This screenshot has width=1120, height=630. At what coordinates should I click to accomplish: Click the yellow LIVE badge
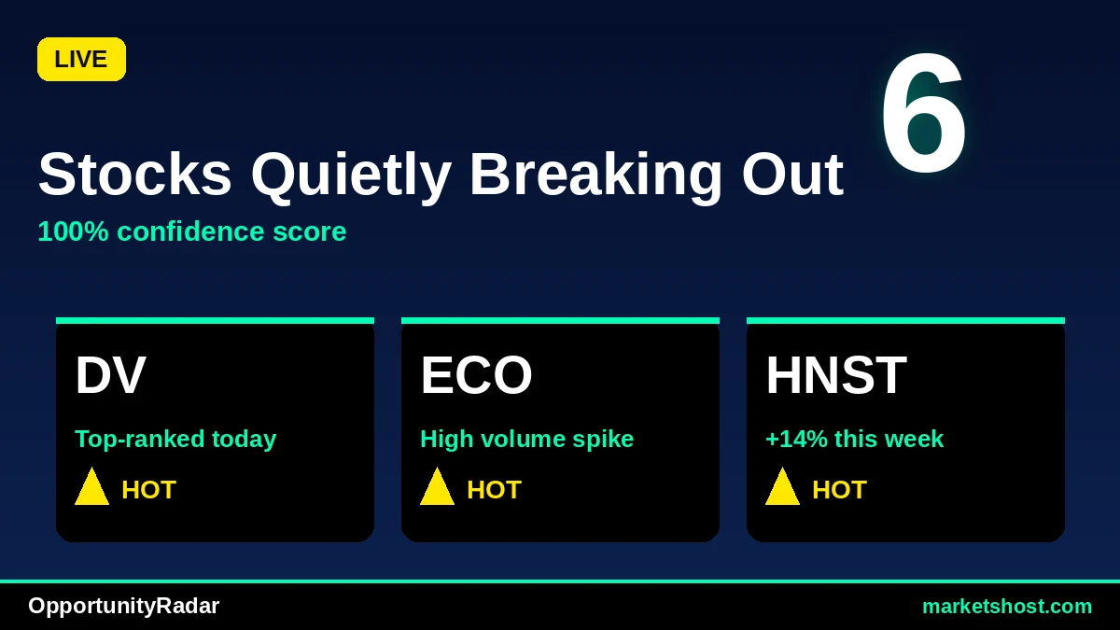coord(81,59)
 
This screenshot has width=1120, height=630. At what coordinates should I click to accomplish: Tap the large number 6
coord(923,113)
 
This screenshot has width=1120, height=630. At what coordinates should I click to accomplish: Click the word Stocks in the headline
coord(135,175)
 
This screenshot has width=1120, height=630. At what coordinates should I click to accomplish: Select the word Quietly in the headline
coord(352,177)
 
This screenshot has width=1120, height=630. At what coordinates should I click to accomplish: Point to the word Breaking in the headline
coord(596,177)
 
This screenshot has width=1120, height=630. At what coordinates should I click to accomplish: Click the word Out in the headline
coord(792,175)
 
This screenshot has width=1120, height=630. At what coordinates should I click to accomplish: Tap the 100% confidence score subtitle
coord(192,231)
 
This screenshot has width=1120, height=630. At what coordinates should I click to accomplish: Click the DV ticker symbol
coord(110,375)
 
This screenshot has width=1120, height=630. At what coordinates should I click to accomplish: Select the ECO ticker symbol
coord(476,375)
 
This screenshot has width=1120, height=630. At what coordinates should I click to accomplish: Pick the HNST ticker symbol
coord(836,375)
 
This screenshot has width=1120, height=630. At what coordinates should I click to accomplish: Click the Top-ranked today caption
coord(175,440)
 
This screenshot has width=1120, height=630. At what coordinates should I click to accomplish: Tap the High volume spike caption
coord(527,440)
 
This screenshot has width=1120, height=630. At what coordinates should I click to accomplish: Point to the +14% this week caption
coord(855,439)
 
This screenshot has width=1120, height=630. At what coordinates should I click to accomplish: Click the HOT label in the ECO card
coord(494,489)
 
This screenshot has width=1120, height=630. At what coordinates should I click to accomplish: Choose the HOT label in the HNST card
coord(839,489)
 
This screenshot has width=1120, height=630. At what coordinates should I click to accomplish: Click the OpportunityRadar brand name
coord(123,607)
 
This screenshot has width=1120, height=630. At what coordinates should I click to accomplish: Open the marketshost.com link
coord(1007,607)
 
